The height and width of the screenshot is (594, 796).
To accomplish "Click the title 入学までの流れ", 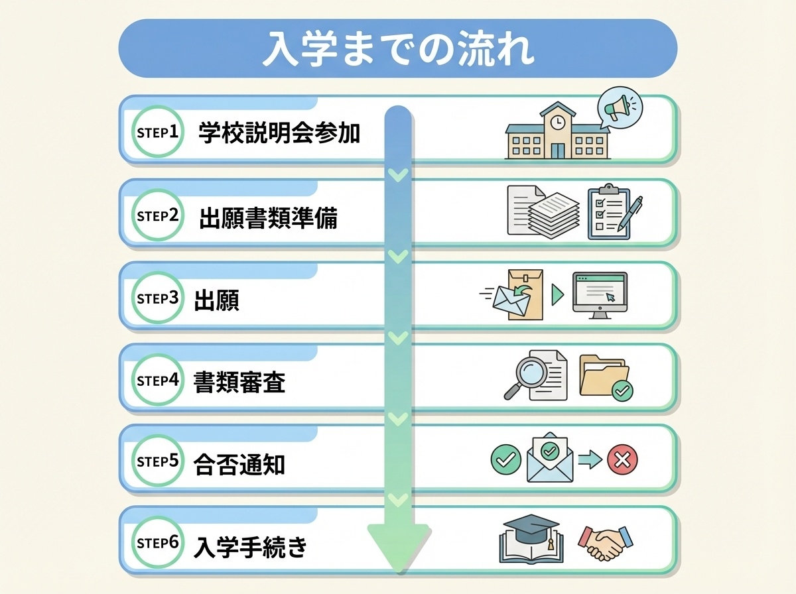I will click(x=397, y=50).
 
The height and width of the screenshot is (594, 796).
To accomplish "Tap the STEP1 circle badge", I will click(x=157, y=131).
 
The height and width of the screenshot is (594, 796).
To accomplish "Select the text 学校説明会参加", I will click(x=279, y=133).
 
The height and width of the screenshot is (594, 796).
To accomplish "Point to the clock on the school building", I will click(x=557, y=121).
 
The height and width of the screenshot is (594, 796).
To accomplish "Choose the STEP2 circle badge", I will click(x=157, y=215).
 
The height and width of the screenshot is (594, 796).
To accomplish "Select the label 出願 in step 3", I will click(x=216, y=300).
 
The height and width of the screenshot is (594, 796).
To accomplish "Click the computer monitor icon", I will click(x=600, y=294).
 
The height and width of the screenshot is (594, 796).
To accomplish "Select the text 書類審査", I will click(x=239, y=383).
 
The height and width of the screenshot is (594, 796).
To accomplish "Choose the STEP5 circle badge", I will click(x=157, y=461).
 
